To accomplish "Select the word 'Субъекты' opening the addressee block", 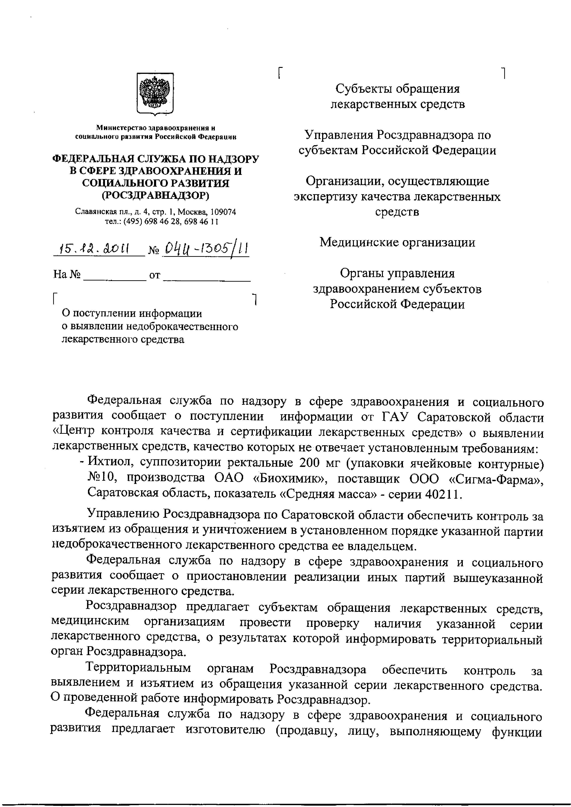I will [364, 89].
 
